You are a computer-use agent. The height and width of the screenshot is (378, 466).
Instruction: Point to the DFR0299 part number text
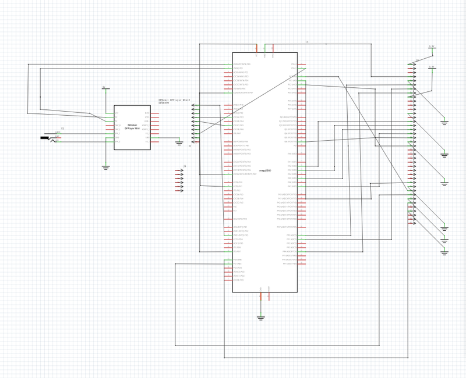(164, 103)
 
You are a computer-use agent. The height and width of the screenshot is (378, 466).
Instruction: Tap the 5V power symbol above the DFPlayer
(104, 88)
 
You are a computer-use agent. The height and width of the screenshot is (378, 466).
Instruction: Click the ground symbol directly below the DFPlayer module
(105, 167)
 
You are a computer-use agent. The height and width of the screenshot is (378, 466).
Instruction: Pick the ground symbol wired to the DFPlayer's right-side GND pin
(179, 142)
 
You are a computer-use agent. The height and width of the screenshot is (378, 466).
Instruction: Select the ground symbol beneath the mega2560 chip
(261, 318)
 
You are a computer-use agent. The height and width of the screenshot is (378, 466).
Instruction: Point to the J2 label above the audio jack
(63, 128)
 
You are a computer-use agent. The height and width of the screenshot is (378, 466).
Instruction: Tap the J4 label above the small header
(184, 167)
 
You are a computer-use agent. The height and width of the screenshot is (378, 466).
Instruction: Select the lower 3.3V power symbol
(432, 67)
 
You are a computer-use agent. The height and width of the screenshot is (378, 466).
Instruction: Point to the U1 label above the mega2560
(307, 42)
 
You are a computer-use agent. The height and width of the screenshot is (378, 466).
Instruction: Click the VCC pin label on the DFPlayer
(116, 113)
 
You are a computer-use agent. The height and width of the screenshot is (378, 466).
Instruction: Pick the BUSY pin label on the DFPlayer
(147, 113)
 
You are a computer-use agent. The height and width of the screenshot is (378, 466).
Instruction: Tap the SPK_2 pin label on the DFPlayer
(117, 141)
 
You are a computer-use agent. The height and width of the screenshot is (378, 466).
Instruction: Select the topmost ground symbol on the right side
(444, 122)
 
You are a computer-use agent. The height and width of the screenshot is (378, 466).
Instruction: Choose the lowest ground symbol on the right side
(444, 253)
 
